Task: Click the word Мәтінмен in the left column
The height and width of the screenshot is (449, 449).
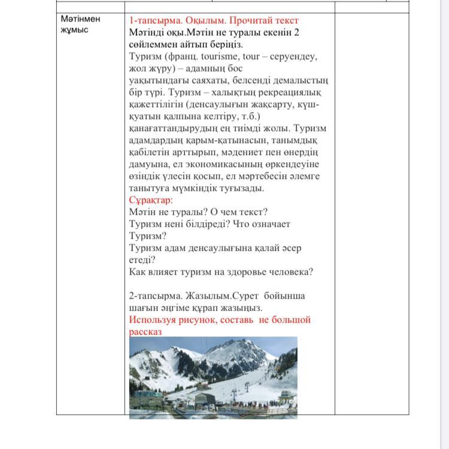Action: coord(80,19)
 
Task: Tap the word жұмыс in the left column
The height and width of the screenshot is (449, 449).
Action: coord(74,30)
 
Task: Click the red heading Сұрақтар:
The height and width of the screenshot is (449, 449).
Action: coord(151,200)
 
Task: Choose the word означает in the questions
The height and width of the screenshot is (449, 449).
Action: coord(269,224)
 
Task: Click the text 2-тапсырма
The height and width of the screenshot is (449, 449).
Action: coord(153,296)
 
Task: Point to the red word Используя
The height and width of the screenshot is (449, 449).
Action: coord(154,320)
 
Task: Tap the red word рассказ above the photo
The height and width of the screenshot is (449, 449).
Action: coord(145,331)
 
